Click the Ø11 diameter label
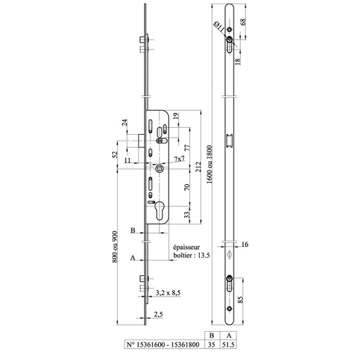coord(220,27)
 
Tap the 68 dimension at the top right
coord(243,22)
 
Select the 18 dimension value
coord(238,61)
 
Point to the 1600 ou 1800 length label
coord(209,164)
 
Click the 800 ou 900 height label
coord(114,247)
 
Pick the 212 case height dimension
coord(198,167)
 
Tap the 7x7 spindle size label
coord(179,160)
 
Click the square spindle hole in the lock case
coord(160,169)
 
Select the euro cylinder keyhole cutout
coord(160,210)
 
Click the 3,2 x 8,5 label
coord(168,293)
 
